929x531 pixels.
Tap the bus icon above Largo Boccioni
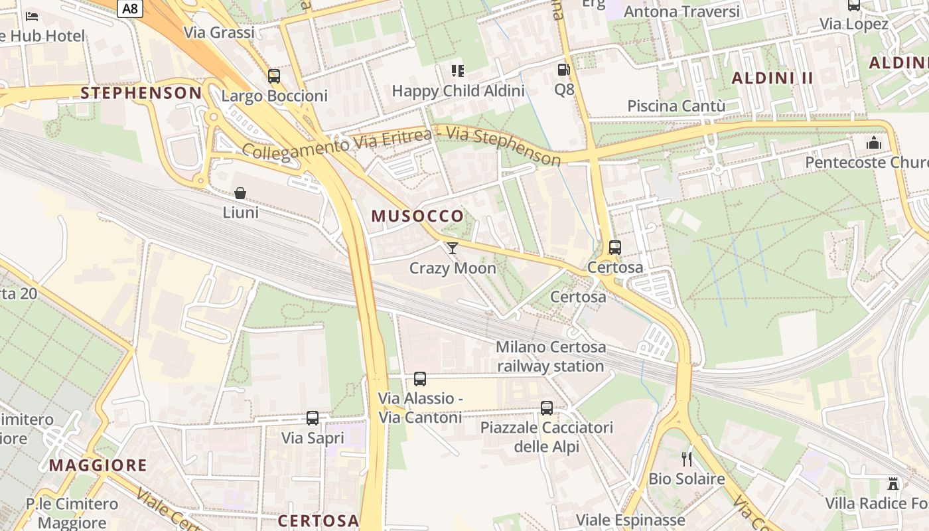[x=274, y=76]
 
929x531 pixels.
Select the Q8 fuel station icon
[x=563, y=70]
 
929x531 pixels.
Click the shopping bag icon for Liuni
[x=240, y=193]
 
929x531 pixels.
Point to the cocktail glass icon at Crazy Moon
[x=453, y=248]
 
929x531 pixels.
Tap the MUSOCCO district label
[x=417, y=216]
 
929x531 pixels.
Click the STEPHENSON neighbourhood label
[x=141, y=93]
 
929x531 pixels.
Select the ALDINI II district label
[x=772, y=78]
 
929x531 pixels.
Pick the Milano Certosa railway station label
[x=551, y=356]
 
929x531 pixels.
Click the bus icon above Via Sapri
[x=313, y=418]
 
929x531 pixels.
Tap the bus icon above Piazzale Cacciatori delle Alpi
[x=547, y=408]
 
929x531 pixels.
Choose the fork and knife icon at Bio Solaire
[x=687, y=459]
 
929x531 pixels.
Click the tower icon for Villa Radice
[x=894, y=484]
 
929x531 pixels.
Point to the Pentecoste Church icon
[x=874, y=143]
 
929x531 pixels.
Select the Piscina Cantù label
[x=676, y=106]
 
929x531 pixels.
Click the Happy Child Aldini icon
[x=457, y=70]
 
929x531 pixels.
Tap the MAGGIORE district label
[x=98, y=465]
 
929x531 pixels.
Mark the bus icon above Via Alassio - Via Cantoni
[x=420, y=379]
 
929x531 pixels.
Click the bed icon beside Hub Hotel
[x=31, y=16]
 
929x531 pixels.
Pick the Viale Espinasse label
[x=630, y=519]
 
